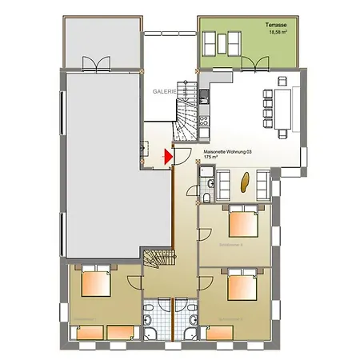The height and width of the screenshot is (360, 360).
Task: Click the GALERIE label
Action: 166,92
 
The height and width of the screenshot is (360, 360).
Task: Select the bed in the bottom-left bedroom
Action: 95,284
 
